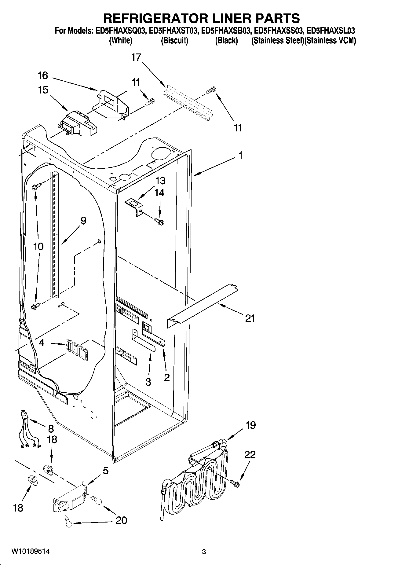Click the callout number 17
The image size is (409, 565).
tap(136, 57)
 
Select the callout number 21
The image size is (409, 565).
tap(250, 319)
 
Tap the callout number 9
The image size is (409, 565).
tap(83, 220)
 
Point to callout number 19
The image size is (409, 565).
tap(250, 425)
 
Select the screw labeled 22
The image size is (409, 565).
tap(236, 483)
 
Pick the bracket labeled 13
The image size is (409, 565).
tap(135, 207)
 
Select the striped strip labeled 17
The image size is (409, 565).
tap(188, 104)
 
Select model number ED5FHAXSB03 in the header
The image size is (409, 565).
tap(227, 31)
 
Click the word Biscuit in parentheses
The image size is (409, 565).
tap(174, 41)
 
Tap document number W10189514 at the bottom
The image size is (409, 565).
tap(30, 551)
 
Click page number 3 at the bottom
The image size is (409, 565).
tap(204, 552)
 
